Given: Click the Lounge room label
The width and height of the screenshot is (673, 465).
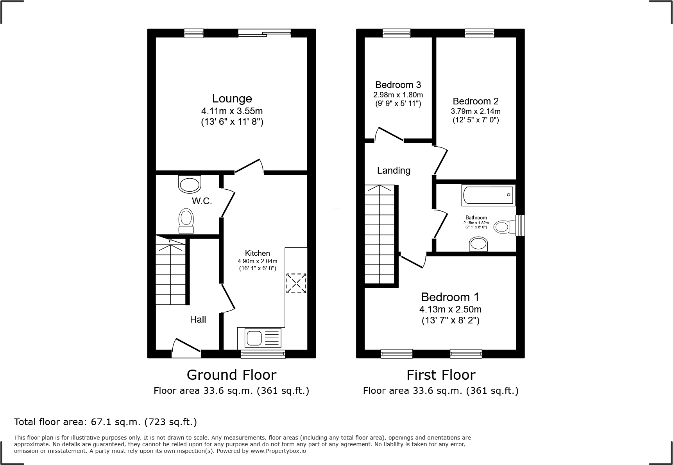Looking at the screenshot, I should pos(232,99).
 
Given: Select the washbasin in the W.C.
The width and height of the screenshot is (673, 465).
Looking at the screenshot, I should pos(190,184).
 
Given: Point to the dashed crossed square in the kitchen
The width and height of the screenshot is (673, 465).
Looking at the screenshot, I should pos(296,283).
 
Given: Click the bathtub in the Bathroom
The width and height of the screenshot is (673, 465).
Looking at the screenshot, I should pos(488,195).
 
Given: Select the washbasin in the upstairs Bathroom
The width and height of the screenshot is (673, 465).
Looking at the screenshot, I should pos(478,244).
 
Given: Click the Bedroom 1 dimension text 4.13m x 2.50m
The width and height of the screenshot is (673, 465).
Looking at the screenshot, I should pos(450,309).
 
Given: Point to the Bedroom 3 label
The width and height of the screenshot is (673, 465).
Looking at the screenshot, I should pos(398,85).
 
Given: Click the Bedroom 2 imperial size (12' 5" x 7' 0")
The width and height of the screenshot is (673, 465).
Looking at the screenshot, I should pos(476,120).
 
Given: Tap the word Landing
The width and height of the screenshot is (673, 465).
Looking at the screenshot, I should pos(394,171).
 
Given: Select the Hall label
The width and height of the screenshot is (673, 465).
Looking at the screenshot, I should pos(198,320).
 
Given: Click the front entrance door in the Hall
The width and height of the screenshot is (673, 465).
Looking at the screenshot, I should pos(186,348).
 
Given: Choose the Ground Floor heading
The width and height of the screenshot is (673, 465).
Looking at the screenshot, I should pos(231,375).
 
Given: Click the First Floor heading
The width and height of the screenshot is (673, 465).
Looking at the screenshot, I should pos(440,375).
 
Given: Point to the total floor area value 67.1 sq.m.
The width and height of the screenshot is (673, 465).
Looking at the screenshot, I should pos(115,422).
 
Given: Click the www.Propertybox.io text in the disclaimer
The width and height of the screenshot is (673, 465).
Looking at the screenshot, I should pos(278,451).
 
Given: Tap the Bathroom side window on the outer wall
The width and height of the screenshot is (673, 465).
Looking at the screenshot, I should pos(520,226).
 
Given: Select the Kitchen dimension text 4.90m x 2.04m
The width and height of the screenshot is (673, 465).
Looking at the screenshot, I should pos(258,261).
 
